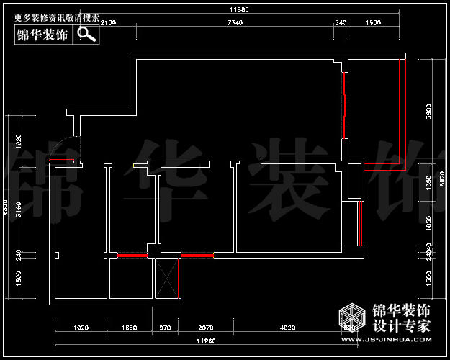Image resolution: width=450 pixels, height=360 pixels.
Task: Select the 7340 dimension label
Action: (x=235, y=24)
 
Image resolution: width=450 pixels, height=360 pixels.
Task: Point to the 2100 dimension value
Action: (x=108, y=24)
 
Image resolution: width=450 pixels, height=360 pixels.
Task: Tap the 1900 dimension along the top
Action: (x=373, y=24)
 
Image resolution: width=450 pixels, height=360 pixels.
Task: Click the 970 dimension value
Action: (x=165, y=328)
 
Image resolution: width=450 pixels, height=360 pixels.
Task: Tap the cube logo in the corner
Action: (x=353, y=317)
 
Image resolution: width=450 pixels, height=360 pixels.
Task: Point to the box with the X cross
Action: (x=168, y=278)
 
